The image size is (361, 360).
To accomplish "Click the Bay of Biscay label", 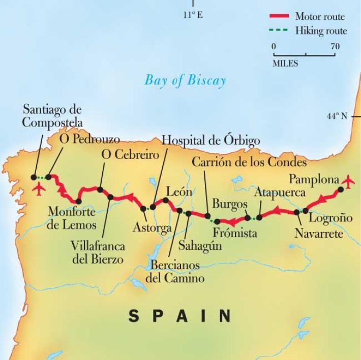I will pos(185,80).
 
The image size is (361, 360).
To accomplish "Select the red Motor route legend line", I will pos(279,17).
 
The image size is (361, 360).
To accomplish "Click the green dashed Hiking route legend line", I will pos(279,31).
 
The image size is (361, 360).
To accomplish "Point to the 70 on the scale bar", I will pos(335,47).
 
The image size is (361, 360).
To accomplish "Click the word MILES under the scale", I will pos(285,64).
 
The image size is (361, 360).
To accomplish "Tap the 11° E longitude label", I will pos(193,15).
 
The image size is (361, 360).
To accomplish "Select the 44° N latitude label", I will pos(337,116).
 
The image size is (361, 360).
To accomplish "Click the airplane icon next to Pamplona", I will pos(349,180).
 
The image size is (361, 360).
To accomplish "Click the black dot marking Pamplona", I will pos(341,189).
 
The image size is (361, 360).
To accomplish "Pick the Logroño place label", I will pos(330,218).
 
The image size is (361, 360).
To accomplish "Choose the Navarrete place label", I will pos(319,234).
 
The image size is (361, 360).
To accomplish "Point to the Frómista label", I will pos(235,233).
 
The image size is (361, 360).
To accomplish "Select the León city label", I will pos(179,192).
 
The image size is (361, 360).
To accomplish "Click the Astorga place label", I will pos(152,228).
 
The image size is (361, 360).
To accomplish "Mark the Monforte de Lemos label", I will pos(71,218).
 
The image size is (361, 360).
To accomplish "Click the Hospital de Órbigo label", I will pos(210,141).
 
